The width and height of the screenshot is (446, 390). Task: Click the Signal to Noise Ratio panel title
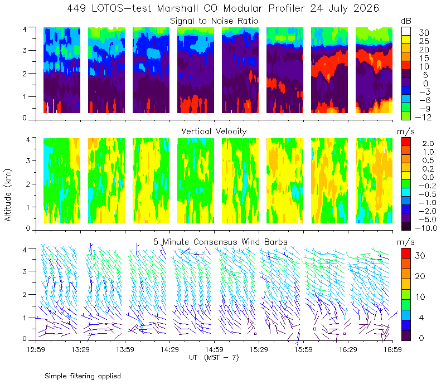click(x=214, y=21)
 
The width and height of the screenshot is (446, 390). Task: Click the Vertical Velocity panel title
click(x=214, y=131)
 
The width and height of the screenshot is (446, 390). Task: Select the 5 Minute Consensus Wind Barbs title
click(x=220, y=242)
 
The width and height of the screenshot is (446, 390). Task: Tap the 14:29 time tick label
click(x=169, y=349)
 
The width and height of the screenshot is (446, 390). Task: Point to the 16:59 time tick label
click(x=392, y=349)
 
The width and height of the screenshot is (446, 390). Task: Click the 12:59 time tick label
click(x=36, y=349)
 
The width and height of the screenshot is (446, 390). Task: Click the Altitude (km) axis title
click(x=8, y=195)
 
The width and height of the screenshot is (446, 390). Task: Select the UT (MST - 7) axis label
click(x=214, y=358)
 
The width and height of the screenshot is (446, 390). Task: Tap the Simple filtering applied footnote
click(x=83, y=376)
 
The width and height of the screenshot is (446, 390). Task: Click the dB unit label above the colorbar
click(x=406, y=21)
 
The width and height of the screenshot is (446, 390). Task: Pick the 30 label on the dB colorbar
click(x=424, y=33)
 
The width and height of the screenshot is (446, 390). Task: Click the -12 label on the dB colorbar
click(x=423, y=117)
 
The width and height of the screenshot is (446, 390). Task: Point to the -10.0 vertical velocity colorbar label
click(x=426, y=228)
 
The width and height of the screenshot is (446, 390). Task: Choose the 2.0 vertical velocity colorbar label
click(x=428, y=144)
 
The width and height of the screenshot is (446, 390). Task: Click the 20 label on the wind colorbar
click(x=420, y=276)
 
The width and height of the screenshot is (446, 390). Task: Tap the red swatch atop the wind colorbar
click(x=406, y=253)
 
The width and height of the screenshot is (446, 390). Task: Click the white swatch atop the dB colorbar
click(x=406, y=31)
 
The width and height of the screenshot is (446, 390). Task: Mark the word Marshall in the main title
click(x=177, y=8)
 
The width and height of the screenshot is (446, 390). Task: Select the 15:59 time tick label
click(x=303, y=349)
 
